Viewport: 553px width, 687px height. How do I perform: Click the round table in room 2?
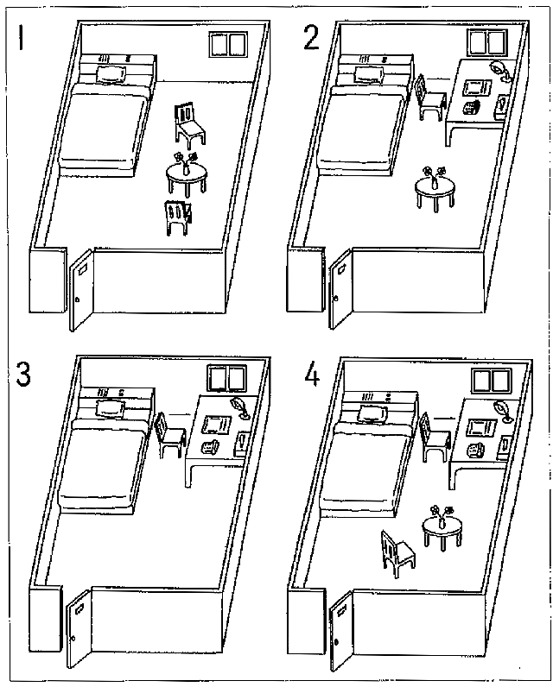(434, 189)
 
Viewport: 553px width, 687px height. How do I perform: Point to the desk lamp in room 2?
(499, 70)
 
